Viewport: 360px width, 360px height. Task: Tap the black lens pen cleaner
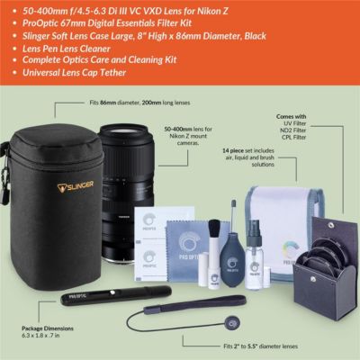91,295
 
